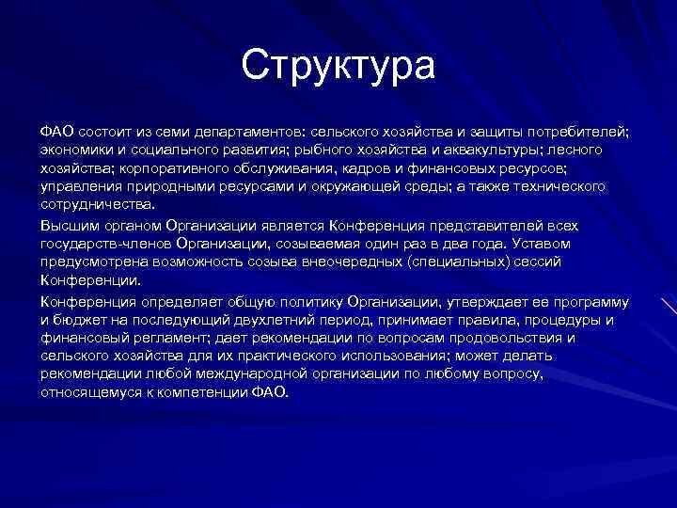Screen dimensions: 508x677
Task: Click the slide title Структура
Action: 338,66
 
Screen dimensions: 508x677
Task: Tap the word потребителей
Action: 576,132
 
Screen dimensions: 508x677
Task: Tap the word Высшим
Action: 65,226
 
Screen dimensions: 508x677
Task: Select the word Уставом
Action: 573,244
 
